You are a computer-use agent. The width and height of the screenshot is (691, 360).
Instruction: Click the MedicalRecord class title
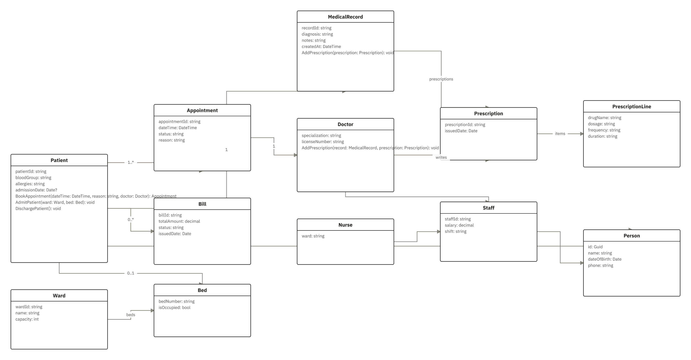(345, 17)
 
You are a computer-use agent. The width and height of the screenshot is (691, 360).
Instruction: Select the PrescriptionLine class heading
(631, 107)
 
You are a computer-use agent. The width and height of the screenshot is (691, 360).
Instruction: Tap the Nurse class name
(345, 225)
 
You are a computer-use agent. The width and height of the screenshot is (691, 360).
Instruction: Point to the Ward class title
(59, 296)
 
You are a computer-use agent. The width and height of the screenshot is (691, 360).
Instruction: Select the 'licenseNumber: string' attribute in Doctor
(323, 142)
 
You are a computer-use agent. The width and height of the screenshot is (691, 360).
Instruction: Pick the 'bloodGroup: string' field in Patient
(33, 178)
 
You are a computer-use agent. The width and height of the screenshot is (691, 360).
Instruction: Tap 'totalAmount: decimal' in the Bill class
(179, 221)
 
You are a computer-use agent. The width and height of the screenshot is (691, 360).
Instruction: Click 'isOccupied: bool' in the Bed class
(174, 308)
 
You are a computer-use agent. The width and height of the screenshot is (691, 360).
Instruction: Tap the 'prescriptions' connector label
(441, 79)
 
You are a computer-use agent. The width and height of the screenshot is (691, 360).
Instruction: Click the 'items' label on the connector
(560, 134)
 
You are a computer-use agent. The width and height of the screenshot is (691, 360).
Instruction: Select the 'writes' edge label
(441, 158)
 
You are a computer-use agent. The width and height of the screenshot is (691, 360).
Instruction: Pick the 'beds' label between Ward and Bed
(131, 315)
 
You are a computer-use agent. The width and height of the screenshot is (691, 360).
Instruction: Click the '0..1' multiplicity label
(131, 273)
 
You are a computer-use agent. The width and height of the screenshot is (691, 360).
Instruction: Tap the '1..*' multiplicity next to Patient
(131, 163)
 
